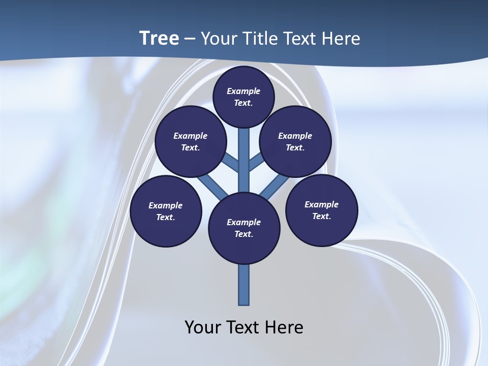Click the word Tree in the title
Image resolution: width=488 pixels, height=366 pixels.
click(x=159, y=39)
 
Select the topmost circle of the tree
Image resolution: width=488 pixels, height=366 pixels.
click(x=243, y=97)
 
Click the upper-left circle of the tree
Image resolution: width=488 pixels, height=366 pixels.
click(x=190, y=141)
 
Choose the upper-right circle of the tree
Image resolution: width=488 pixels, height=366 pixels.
click(x=295, y=141)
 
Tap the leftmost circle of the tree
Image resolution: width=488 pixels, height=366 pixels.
click(x=165, y=211)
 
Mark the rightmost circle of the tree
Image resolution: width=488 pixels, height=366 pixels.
click(x=321, y=210)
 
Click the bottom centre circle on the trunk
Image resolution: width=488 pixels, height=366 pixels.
click(x=244, y=228)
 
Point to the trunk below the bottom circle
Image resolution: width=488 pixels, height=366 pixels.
click(x=244, y=285)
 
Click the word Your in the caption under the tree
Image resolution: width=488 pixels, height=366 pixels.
click(x=202, y=327)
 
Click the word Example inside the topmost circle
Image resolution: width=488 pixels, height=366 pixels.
click(x=243, y=91)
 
